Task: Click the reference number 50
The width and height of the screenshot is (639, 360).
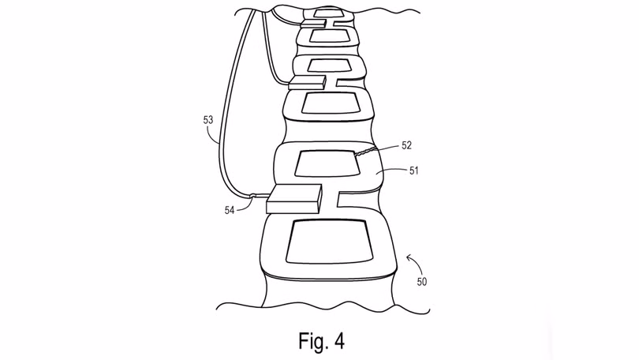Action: click(x=422, y=281)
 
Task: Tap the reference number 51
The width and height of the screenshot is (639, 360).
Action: click(x=413, y=171)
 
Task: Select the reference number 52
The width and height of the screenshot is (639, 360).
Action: click(x=406, y=145)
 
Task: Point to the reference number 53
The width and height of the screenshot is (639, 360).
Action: click(x=207, y=120)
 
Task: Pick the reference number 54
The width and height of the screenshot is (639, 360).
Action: click(x=230, y=210)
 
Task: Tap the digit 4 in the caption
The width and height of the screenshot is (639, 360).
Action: click(x=339, y=341)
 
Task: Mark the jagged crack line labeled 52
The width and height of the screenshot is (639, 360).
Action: click(x=365, y=152)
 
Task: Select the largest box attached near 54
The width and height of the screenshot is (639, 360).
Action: click(x=293, y=199)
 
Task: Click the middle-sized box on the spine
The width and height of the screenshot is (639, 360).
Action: click(x=307, y=82)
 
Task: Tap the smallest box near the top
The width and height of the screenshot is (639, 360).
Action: click(x=313, y=24)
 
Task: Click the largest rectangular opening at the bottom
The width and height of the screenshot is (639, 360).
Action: click(x=330, y=241)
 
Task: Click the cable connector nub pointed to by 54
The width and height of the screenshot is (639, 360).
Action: click(x=252, y=196)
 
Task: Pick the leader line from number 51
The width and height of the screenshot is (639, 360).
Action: click(x=390, y=171)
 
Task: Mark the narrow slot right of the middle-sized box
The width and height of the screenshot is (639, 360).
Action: click(x=350, y=83)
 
